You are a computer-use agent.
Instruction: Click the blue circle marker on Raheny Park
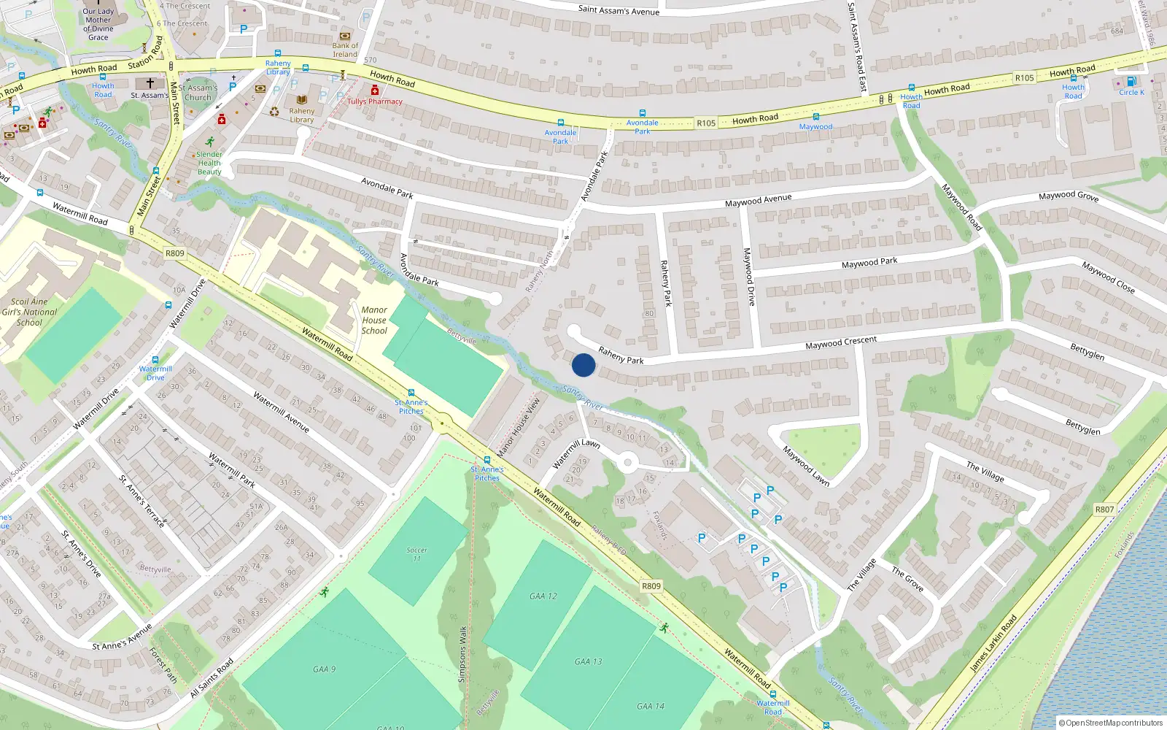(x=583, y=365)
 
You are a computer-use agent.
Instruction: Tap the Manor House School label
(x=374, y=320)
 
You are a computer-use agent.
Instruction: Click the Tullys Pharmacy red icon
(x=375, y=90)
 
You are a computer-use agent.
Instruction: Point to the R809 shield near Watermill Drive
(x=175, y=253)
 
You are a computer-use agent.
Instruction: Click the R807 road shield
(x=1104, y=510)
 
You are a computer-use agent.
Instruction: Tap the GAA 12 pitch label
(x=543, y=596)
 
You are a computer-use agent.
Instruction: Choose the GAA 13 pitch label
(x=588, y=662)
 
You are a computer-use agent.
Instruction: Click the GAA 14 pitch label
(x=650, y=706)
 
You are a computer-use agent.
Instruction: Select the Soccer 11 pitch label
(x=416, y=554)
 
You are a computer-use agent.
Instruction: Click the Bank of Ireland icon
(x=345, y=36)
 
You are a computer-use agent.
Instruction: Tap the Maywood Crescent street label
(x=841, y=342)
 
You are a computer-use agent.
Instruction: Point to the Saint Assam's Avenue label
(x=619, y=10)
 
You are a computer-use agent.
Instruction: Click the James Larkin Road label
(x=993, y=643)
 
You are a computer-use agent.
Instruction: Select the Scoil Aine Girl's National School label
(x=29, y=312)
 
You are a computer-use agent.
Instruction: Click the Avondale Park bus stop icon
(x=560, y=123)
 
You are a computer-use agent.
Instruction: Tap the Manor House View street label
(x=519, y=426)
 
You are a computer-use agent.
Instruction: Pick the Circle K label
(x=1131, y=92)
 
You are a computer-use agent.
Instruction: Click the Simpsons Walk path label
(x=462, y=654)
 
